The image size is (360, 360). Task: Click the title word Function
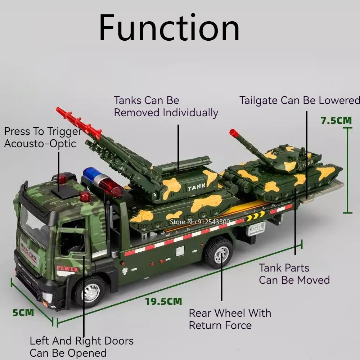point(169,28)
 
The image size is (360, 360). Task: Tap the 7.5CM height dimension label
point(336,121)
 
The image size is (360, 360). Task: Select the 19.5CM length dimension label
point(163,301)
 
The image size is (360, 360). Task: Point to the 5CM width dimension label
point(23,312)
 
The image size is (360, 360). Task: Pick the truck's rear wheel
point(219,252)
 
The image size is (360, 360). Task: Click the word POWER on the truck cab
point(67,269)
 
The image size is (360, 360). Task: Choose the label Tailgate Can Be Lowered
point(300,100)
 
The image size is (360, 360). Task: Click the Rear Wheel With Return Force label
point(230,319)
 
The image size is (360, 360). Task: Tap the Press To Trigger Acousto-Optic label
point(42,137)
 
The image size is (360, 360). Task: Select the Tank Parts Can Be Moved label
point(294,274)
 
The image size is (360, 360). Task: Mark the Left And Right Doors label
point(81,346)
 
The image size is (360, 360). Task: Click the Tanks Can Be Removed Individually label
point(166,106)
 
